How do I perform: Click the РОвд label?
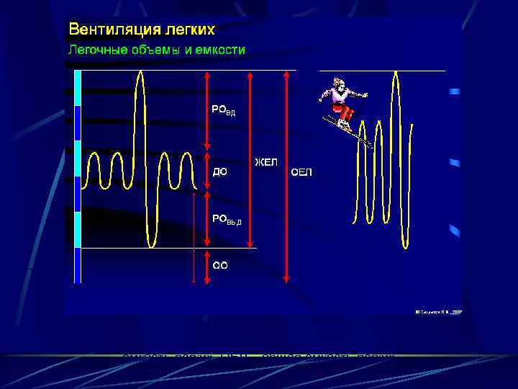click(x=222, y=110)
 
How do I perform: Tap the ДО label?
click(x=219, y=171)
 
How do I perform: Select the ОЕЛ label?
click(x=301, y=171)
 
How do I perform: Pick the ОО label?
click(x=219, y=265)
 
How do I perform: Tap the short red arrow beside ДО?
click(x=207, y=171)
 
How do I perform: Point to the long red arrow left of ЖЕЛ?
click(x=250, y=158)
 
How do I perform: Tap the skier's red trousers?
click(x=346, y=112)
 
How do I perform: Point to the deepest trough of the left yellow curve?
click(x=150, y=246)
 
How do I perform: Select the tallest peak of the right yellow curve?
click(x=395, y=72)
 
